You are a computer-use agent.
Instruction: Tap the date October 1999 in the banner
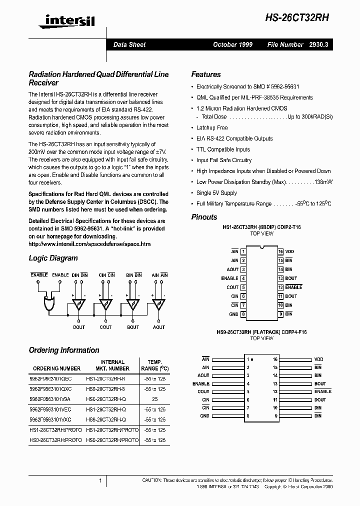click(232, 44)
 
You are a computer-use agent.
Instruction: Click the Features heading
click(205, 74)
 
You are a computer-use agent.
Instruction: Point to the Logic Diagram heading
click(53, 258)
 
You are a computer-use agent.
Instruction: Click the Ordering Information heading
click(64, 350)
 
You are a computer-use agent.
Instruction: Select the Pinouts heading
click(204, 217)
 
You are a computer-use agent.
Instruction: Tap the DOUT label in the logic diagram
click(79, 327)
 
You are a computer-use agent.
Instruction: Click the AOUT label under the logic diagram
click(159, 327)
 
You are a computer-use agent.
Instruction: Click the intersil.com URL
click(89, 244)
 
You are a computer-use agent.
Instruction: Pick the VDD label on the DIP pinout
click(289, 251)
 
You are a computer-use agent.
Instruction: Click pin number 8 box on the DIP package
click(243, 314)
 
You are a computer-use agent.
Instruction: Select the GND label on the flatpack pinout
click(204, 415)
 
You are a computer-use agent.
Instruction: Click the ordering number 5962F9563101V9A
click(52, 399)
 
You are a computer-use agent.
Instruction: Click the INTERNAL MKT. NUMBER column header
click(112, 365)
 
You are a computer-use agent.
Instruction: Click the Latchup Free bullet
click(211, 127)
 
